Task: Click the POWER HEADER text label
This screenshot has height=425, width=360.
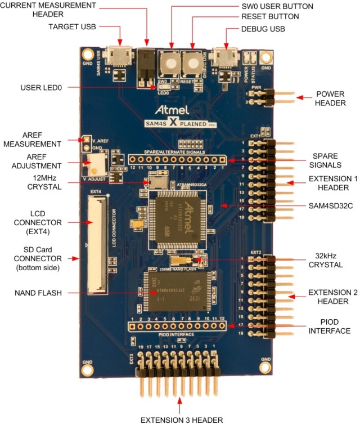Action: point(330,99)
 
